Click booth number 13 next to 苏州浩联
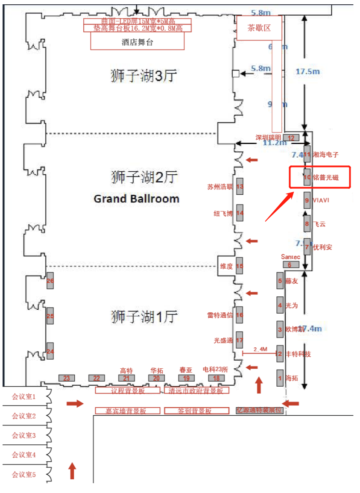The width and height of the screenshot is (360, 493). pos(240,187)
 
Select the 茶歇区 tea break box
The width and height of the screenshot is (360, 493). pos(259,28)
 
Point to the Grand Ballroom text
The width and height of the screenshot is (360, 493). pos(136,199)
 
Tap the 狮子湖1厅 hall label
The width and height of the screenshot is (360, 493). pos(143,317)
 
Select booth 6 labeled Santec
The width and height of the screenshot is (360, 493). pos(290,264)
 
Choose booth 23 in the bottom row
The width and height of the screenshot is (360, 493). pos(67,378)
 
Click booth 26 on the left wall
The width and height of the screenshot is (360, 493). pos(50,281)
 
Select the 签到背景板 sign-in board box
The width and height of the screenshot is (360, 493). pos(194,411)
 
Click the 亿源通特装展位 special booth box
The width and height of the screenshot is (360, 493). pos(260,411)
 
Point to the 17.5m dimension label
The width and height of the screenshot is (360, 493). pos(307,72)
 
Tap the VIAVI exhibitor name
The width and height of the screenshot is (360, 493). pos(321,200)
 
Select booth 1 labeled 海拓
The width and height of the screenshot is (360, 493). pos(280,378)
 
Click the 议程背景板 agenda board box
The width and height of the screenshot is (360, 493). pos(128,390)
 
